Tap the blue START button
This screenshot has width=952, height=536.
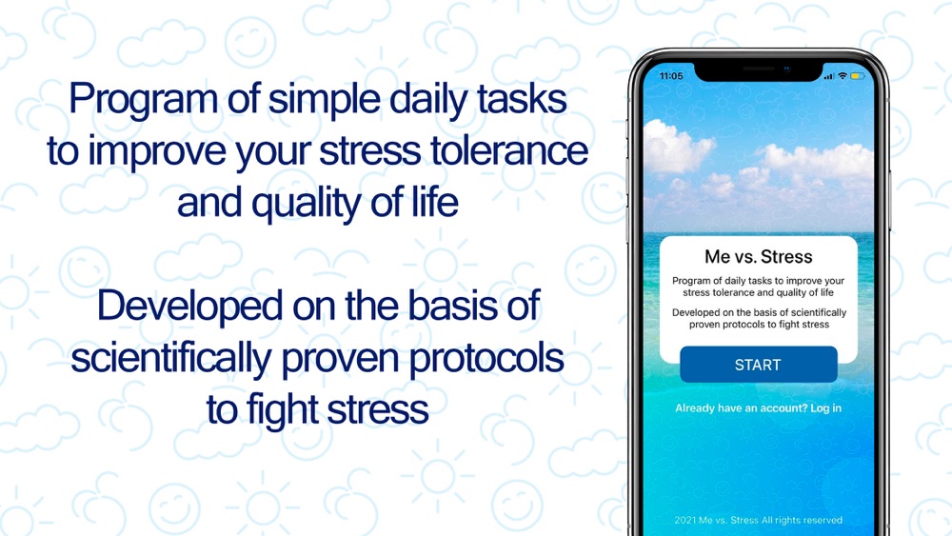point(759,365)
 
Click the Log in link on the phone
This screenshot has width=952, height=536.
point(825,408)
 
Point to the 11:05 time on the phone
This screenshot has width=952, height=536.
point(671,76)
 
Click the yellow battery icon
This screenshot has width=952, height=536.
point(858,76)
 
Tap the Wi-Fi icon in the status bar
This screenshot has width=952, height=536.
point(843,76)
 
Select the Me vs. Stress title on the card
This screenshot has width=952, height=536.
point(759,257)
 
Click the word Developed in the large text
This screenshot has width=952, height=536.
point(190,306)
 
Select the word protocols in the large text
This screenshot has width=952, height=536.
point(486,359)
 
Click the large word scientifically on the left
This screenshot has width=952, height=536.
point(171,359)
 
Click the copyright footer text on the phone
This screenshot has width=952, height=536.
point(759,520)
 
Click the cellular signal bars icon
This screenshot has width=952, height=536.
point(829,76)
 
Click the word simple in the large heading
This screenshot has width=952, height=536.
point(325,100)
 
